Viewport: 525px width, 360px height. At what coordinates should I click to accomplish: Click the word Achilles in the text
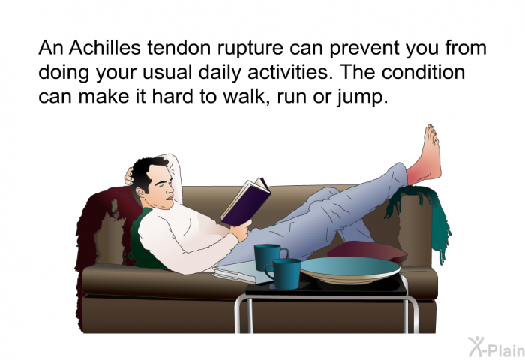click(x=105, y=48)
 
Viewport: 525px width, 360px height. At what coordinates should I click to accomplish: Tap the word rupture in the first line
click(x=250, y=49)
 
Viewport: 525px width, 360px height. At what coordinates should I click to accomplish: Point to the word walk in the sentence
click(x=242, y=97)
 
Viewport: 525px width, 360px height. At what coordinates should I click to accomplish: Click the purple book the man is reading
click(x=246, y=202)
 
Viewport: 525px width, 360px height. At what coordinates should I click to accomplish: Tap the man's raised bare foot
click(x=427, y=153)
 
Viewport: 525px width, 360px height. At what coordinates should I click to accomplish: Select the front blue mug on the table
click(x=284, y=273)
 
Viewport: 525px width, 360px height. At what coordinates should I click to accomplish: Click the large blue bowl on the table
click(x=350, y=269)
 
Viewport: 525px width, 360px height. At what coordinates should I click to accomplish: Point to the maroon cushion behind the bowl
click(x=367, y=250)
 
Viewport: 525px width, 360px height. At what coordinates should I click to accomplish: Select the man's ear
click(x=139, y=192)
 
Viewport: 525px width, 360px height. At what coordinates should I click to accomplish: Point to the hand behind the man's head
click(x=128, y=176)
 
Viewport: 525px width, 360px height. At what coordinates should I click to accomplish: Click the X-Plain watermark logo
click(x=496, y=347)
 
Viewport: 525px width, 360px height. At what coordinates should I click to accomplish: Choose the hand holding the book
click(x=241, y=229)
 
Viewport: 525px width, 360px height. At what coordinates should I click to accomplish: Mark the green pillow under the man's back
click(x=143, y=241)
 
